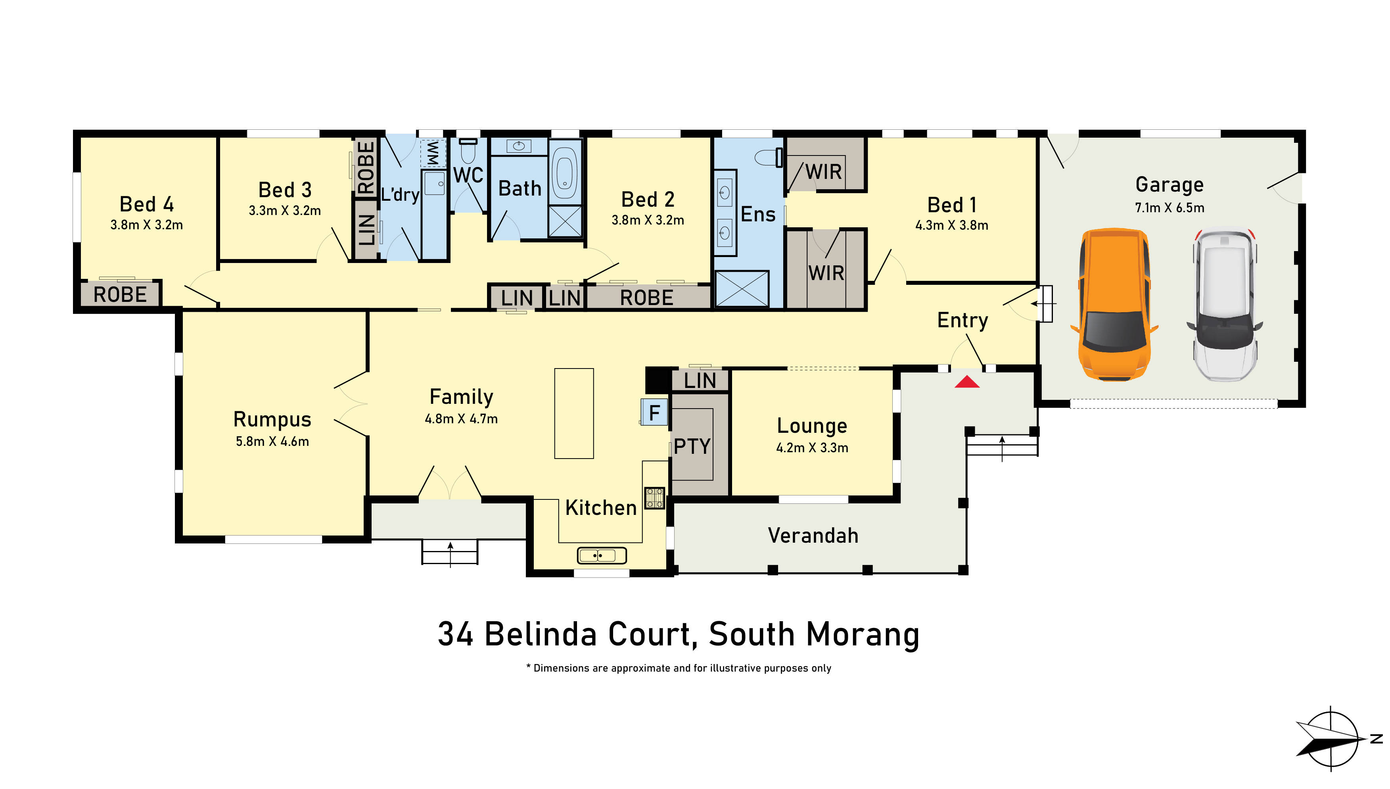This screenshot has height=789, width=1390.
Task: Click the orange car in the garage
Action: (1114, 305)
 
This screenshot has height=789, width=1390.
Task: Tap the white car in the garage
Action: (1224, 305)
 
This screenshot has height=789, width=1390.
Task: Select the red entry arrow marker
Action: (967, 382)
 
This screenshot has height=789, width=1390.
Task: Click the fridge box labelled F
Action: (654, 413)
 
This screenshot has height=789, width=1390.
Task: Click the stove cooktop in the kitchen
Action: (654, 497)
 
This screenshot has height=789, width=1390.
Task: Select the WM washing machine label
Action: (433, 154)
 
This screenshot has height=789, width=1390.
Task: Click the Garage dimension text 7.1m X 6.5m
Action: (1170, 207)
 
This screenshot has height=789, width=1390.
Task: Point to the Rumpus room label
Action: (272, 419)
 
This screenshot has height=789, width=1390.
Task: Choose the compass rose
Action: (1331, 738)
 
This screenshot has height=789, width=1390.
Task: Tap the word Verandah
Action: (813, 536)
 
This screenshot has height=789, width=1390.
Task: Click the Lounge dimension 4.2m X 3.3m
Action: (812, 447)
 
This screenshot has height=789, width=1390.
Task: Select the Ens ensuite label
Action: (758, 214)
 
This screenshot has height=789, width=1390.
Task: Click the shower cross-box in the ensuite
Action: (742, 289)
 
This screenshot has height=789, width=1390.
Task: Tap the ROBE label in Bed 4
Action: (120, 295)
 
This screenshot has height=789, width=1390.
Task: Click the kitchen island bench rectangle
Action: (574, 413)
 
